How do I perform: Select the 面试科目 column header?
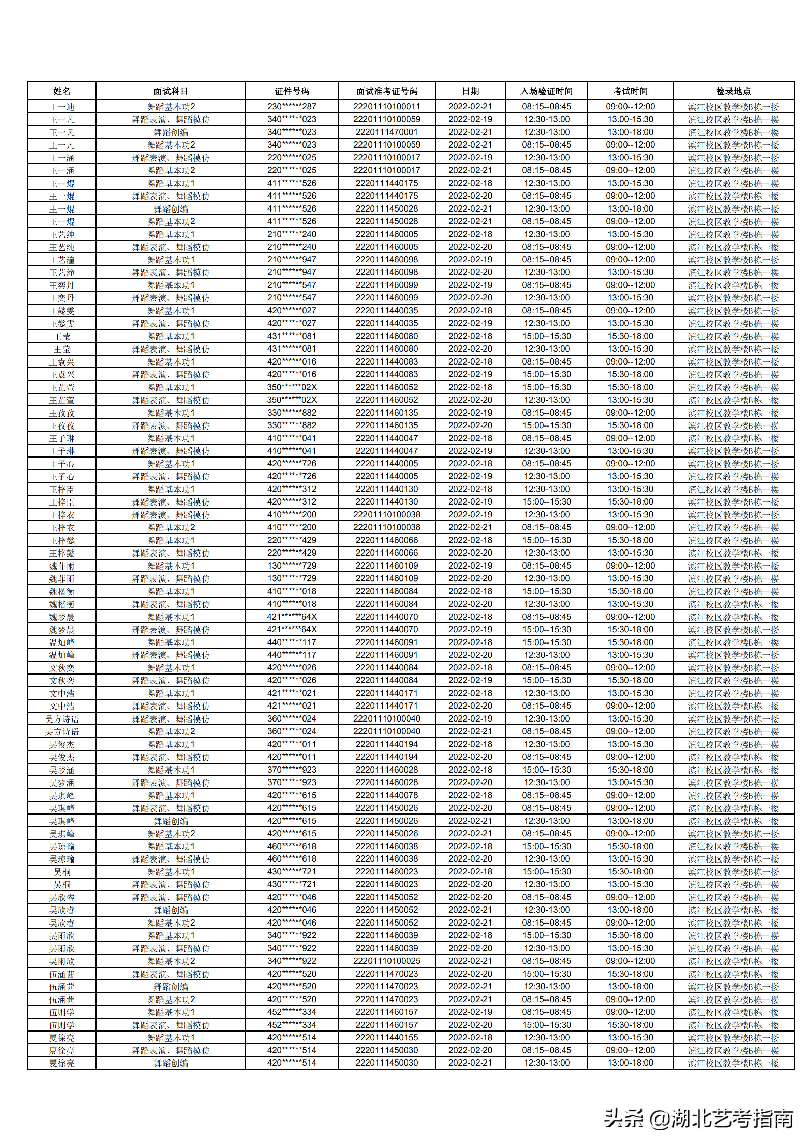coord(171,91)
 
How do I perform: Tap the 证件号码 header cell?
coord(292,91)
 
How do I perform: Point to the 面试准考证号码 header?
coord(386,91)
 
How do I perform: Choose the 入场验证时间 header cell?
coord(546,91)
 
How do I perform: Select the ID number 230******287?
coord(292,106)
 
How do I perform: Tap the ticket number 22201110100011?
coord(386,106)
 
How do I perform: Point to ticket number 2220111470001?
coord(386,132)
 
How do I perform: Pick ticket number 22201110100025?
coord(386,961)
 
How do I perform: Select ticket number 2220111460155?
coord(386,1037)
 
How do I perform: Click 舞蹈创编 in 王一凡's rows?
coord(171,132)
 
